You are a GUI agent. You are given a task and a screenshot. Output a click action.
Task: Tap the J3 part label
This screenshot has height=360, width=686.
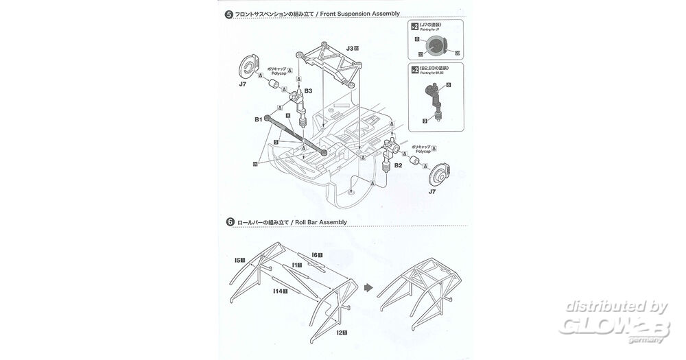tap(351, 49)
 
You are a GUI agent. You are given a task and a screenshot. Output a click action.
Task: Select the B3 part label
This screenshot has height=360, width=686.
tap(309, 90)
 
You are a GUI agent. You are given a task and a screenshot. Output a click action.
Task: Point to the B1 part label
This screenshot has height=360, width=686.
tap(258, 119)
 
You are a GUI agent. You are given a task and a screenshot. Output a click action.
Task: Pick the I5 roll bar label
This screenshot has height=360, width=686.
tap(239, 260)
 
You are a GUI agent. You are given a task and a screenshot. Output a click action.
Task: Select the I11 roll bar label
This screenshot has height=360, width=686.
tap(296, 264)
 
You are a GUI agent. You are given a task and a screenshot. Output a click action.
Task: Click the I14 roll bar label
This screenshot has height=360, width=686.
tap(278, 291)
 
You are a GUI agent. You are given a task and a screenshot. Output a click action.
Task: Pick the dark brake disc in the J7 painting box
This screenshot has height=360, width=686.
tap(436, 47)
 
